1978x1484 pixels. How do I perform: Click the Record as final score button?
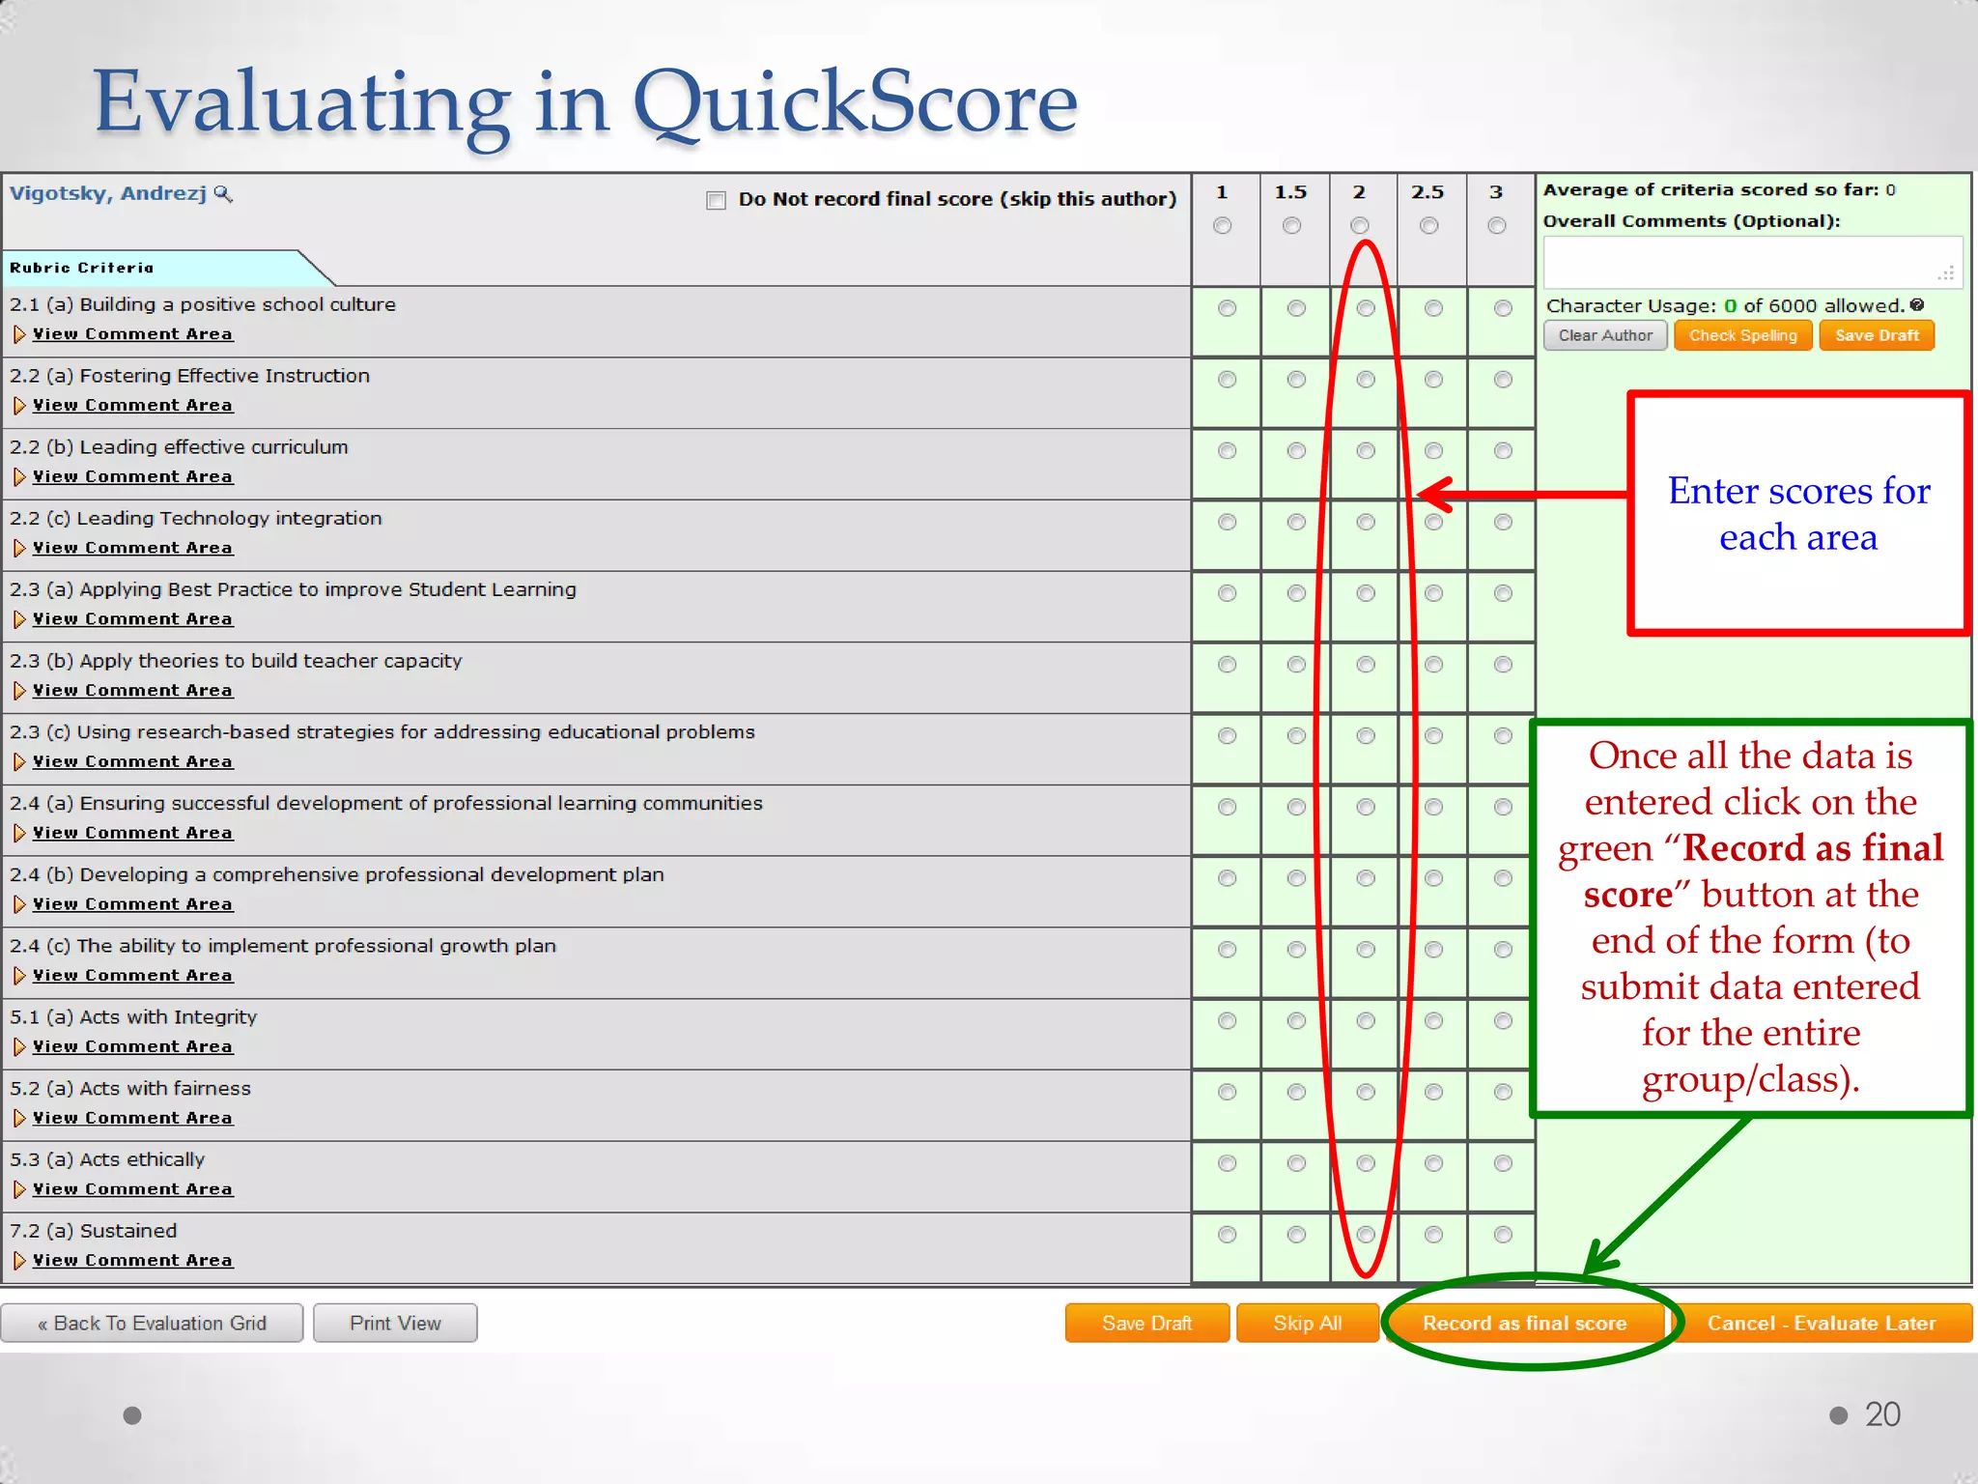(1524, 1323)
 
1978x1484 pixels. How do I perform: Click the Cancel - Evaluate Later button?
(1821, 1323)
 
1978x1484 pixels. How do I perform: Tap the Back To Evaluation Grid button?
(152, 1323)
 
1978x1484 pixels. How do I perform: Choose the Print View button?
(395, 1323)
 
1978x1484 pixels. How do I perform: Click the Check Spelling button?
(1742, 335)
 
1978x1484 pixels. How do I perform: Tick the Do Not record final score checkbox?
(716, 200)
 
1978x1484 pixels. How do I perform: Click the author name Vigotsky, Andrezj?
(108, 193)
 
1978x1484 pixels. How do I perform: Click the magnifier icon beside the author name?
(223, 194)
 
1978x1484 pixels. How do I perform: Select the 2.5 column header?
(1427, 192)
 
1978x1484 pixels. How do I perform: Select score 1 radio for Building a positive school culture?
(1227, 308)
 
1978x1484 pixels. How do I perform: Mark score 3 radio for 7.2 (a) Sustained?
(1503, 1234)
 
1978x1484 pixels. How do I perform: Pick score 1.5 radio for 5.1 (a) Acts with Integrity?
(1296, 1020)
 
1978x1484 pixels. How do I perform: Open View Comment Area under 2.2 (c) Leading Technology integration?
(132, 548)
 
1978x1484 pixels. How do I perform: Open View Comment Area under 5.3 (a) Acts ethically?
(132, 1189)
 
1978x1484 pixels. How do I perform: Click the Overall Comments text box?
(1751, 262)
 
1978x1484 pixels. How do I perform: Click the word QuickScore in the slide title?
(855, 102)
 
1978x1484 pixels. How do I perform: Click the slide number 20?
(1881, 1414)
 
